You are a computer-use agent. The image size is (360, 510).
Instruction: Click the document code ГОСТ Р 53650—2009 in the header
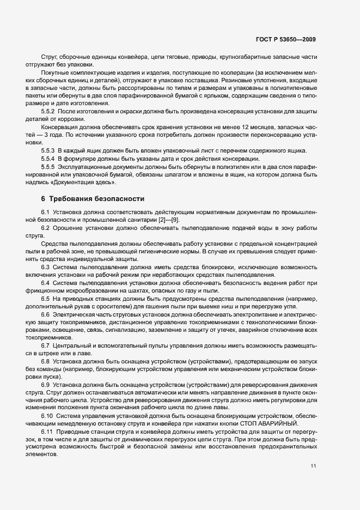click(x=285, y=40)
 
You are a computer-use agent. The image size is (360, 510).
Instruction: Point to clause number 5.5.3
click(x=48, y=150)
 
